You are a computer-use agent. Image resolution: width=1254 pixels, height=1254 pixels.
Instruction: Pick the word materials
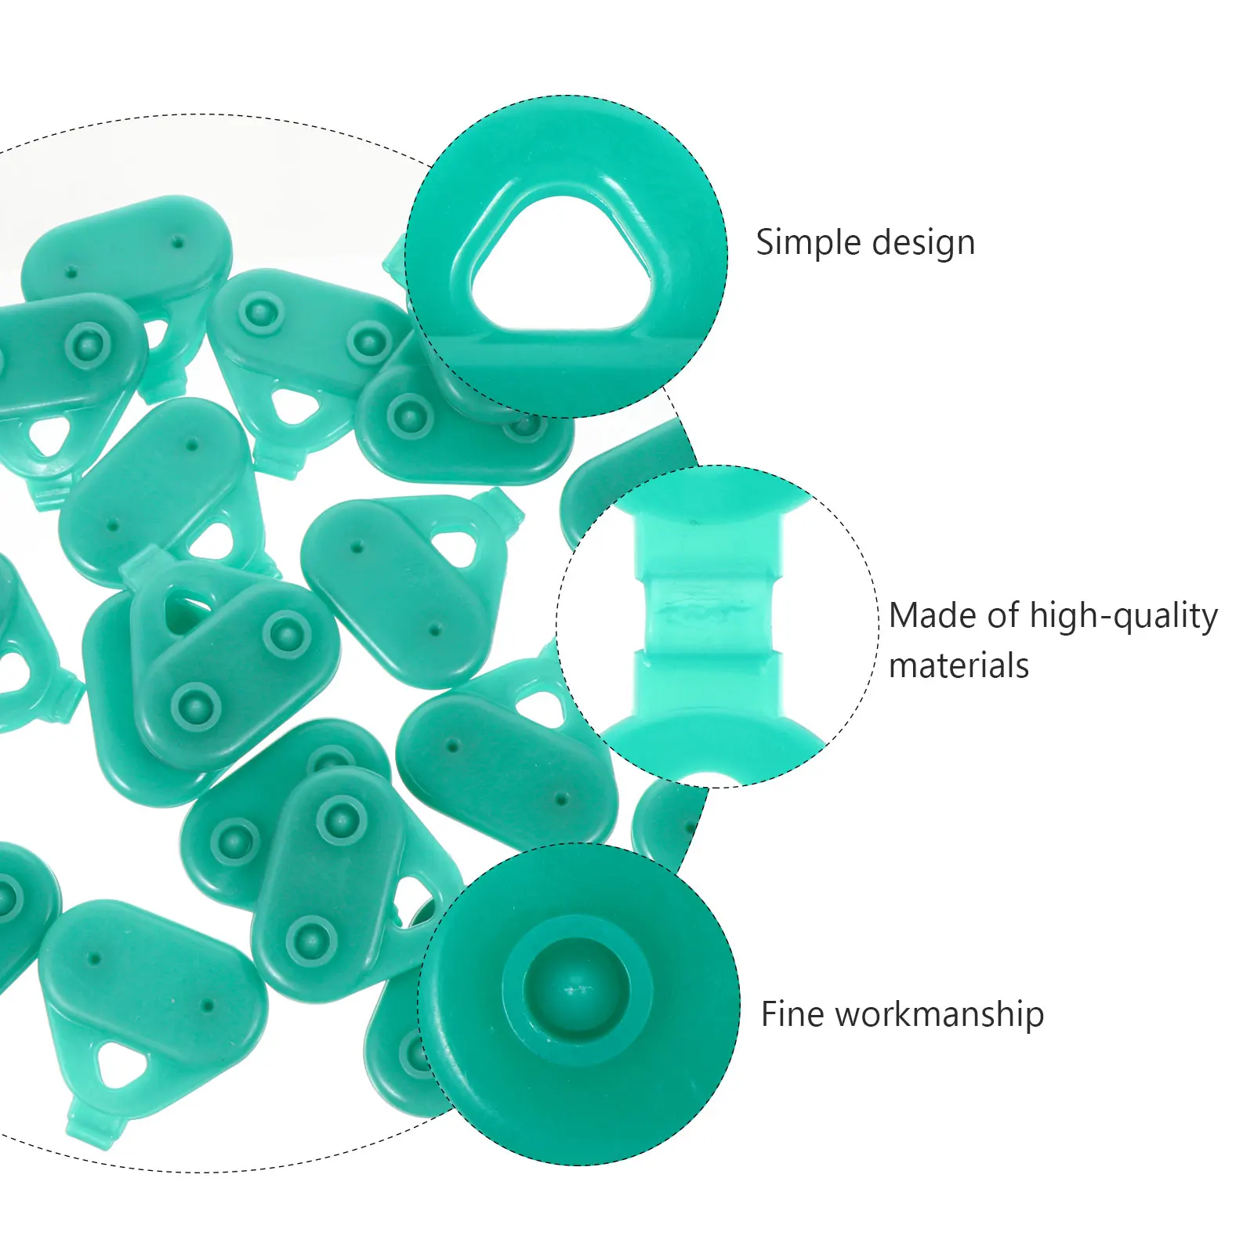click(x=959, y=666)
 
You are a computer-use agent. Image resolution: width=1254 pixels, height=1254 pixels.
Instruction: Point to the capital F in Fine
click(x=769, y=1014)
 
